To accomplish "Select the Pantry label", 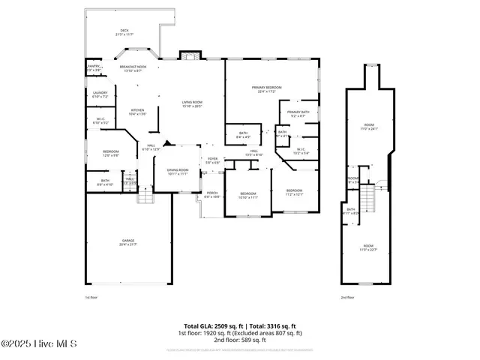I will pos(94,68).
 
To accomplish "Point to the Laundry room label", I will pos(100,94).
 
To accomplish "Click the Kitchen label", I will pos(137,112).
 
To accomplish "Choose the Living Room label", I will pos(192,103).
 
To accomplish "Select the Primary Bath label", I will pos(298,113).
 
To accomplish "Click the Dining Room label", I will pos(177,172).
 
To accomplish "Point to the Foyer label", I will pos(213,160).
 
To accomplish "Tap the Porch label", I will pos(212,195).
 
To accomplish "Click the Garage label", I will pos(128,242).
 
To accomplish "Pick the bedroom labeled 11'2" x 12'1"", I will pos(294,192).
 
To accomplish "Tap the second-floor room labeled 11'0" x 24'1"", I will pos(369,127).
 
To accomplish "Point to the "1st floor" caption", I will pos(91,297).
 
